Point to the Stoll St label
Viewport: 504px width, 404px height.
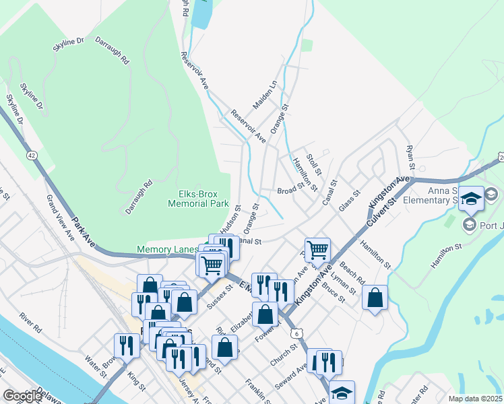(x=314, y=163)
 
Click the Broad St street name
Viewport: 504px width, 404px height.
(x=290, y=191)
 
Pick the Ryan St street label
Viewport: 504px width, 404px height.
(x=408, y=156)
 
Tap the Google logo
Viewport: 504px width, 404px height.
(x=22, y=396)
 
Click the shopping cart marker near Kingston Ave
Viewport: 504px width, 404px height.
(x=317, y=250)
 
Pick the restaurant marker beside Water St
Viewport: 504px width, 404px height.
(x=127, y=345)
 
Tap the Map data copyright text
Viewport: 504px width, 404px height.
(x=475, y=399)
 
